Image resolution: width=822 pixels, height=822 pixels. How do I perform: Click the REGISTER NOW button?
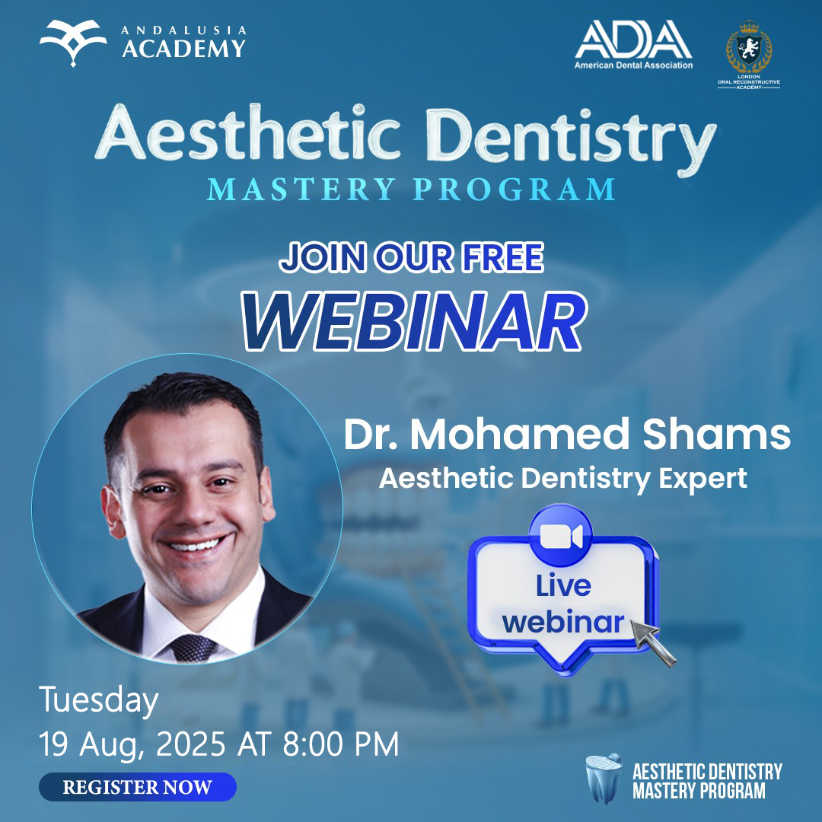click(137, 786)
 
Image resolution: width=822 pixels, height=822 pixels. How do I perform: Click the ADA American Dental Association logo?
click(633, 45)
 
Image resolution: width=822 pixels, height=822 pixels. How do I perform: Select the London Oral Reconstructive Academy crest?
click(749, 55)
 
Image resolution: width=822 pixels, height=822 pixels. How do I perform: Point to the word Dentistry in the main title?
click(572, 137)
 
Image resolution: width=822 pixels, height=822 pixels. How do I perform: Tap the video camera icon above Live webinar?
click(560, 537)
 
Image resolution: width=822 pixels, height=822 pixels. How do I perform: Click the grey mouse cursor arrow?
click(652, 642)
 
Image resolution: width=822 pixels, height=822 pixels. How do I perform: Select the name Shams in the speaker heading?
click(716, 434)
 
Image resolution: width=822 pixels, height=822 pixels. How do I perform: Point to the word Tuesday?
click(98, 701)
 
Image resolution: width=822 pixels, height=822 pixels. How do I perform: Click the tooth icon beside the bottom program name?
click(604, 778)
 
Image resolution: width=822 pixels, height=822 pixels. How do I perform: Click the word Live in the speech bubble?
click(563, 585)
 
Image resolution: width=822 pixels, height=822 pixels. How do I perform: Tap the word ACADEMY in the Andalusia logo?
click(183, 49)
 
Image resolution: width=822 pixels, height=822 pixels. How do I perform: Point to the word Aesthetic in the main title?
click(248, 134)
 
